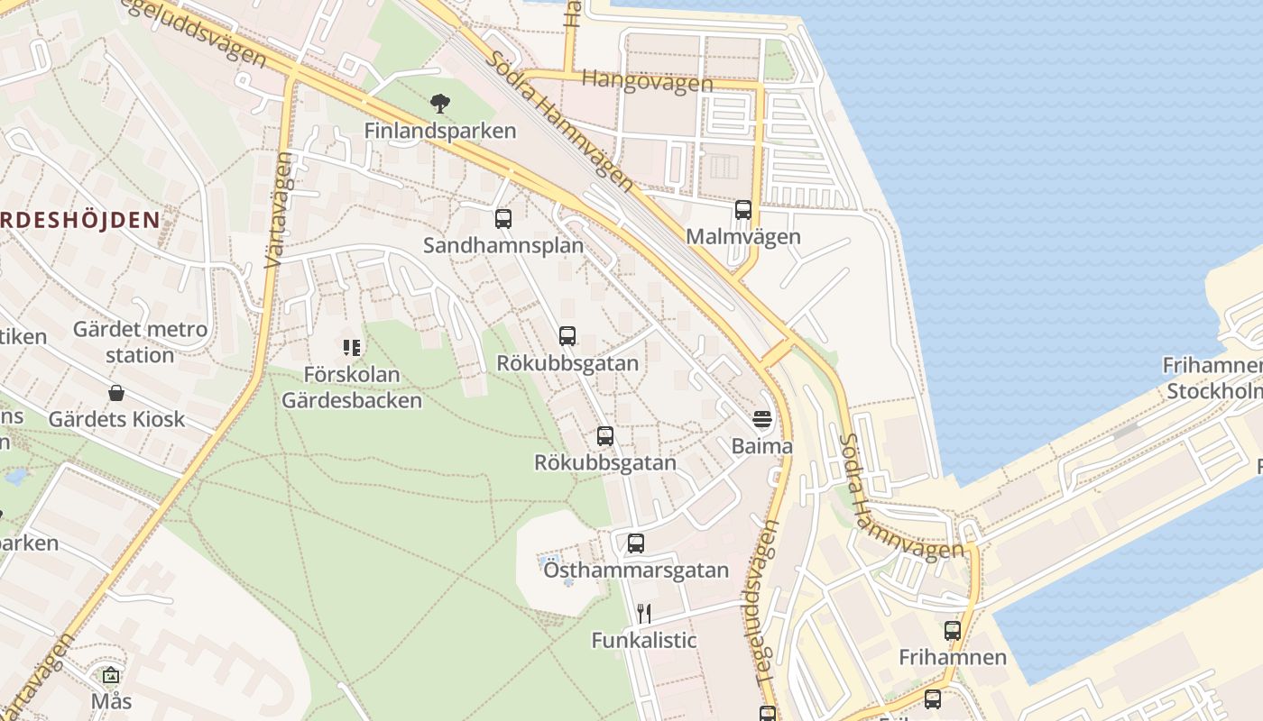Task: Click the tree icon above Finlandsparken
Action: point(440,103)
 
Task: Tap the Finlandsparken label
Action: point(440,131)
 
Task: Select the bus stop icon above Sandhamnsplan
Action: point(503,218)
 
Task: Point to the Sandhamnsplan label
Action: point(503,245)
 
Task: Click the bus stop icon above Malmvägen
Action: point(743,210)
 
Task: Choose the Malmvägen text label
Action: point(743,237)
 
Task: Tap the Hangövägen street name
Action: point(647,82)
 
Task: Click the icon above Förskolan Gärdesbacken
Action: point(352,347)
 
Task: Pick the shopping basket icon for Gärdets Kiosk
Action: point(116,393)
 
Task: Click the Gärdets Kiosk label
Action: point(116,419)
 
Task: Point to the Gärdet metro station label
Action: point(140,342)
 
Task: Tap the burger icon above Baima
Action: point(762,419)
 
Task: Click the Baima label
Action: point(762,446)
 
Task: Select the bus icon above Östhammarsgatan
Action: point(636,543)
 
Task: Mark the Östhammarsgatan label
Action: point(636,570)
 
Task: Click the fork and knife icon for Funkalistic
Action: point(644,614)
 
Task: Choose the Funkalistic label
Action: point(644,641)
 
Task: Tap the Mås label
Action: point(111,701)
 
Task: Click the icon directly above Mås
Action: point(111,675)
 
